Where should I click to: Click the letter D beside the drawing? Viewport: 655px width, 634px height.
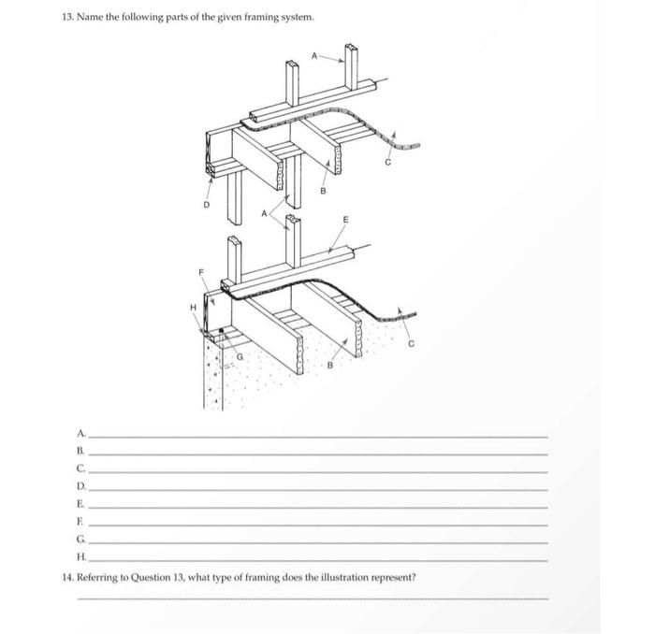[208, 205]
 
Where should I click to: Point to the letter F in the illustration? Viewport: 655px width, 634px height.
[200, 272]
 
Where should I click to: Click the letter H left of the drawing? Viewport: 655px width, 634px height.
[194, 306]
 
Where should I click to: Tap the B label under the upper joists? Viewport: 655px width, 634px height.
[324, 194]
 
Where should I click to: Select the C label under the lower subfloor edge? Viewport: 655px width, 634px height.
[407, 345]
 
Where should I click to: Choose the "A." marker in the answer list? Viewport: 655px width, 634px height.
[82, 433]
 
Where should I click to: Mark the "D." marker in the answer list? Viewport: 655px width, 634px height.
[82, 487]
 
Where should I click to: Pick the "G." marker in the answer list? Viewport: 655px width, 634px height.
[82, 540]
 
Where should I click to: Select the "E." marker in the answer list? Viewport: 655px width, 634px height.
[82, 505]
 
